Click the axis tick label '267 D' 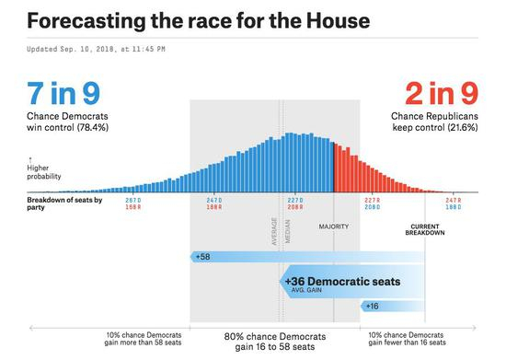[x=132, y=200]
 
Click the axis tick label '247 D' [x=214, y=200]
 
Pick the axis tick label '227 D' [x=294, y=200]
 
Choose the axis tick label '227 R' [x=373, y=200]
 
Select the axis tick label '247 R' [x=453, y=200]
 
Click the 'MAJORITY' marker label [x=333, y=226]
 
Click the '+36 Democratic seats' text [x=342, y=281]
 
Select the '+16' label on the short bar [x=372, y=306]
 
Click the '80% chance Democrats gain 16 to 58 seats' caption [x=274, y=343]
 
